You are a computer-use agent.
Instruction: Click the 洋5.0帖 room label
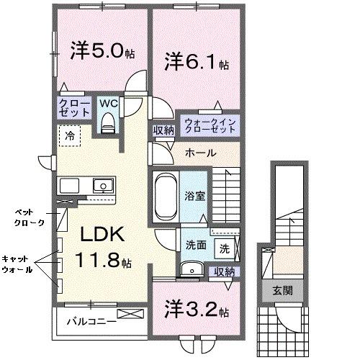[x=101, y=53]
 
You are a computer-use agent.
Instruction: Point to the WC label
[x=109, y=103]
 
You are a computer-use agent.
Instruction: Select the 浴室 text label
[x=196, y=195]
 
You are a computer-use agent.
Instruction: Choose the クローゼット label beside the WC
[x=74, y=108]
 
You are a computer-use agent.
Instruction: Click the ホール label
[x=199, y=153]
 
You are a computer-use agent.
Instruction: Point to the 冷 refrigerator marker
[x=70, y=135]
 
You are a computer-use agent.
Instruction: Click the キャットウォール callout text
[x=17, y=265]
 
